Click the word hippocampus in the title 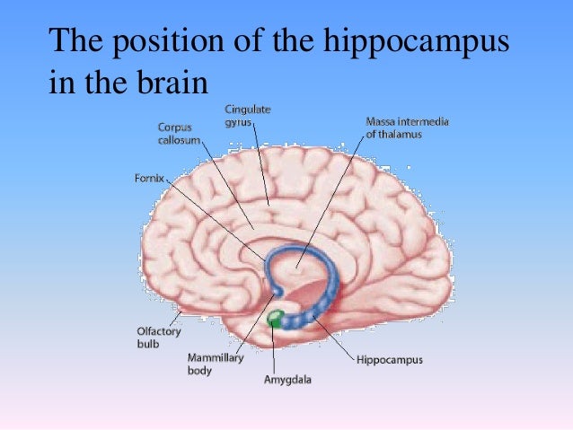pos(416,41)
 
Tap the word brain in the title pos(172,82)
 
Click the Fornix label pos(149,179)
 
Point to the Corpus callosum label pos(179,134)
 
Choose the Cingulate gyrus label pos(247,116)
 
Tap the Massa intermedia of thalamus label pos(407,127)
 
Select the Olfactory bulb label pos(159,338)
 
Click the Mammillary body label pos(216,364)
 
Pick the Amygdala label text pos(287,380)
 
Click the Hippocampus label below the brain pos(390,360)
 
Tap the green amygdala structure pos(275,319)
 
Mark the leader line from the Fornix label pos(216,220)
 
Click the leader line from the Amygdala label pos(273,347)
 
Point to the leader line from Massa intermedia pos(331,202)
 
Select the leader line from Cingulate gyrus pos(261,163)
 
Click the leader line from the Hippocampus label pos(333,338)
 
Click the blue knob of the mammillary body pos(278,291)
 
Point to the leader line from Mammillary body pos(255,323)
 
